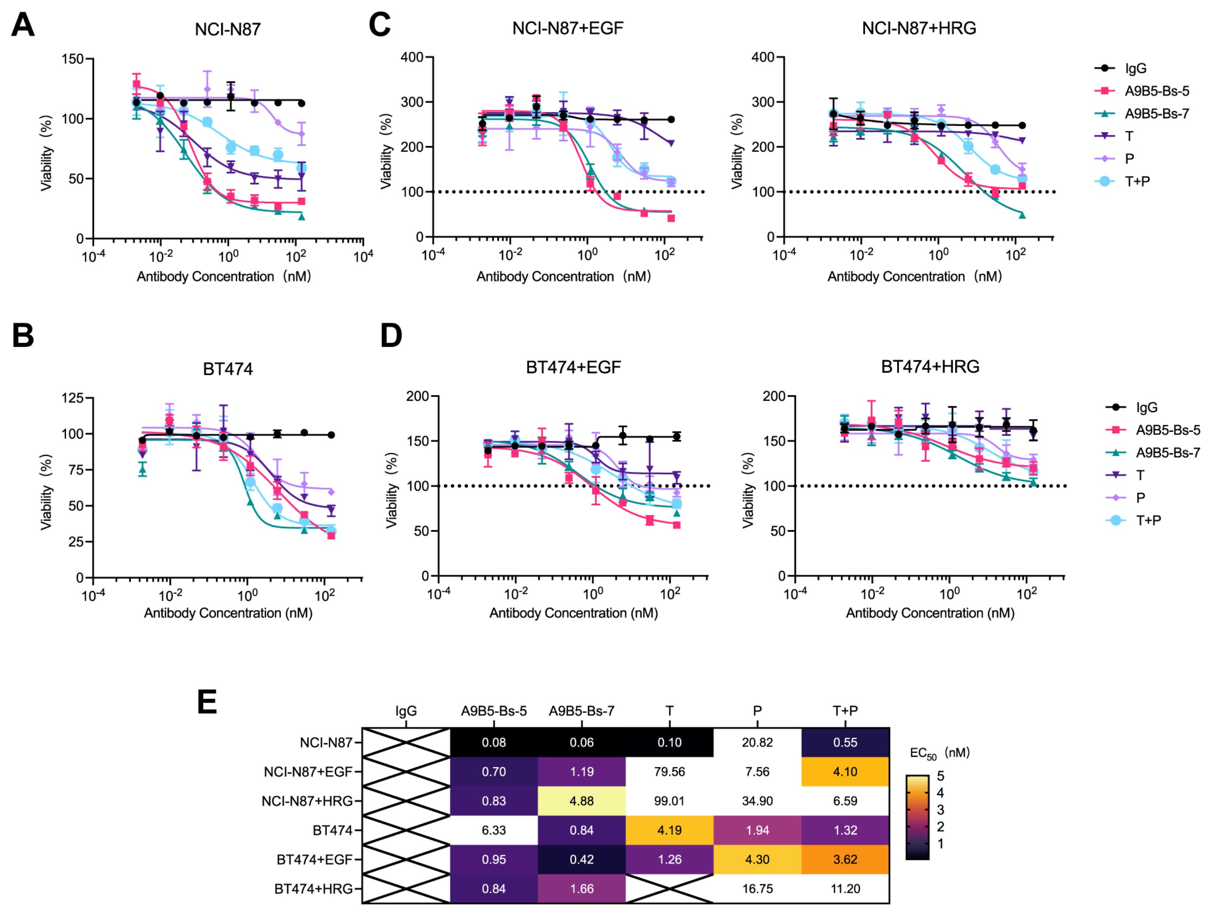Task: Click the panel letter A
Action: click(22, 25)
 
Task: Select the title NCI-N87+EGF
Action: click(568, 28)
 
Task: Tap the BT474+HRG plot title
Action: click(930, 367)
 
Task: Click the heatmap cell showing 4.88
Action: click(581, 801)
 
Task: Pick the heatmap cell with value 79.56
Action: click(669, 772)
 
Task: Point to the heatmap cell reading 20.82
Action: click(757, 743)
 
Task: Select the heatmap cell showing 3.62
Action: click(845, 860)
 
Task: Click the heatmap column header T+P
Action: click(845, 711)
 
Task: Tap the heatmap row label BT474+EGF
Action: click(314, 860)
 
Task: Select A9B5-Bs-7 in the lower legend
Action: click(1168, 453)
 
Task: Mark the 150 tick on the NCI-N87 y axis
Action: click(72, 59)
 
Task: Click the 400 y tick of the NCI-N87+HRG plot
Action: click(763, 57)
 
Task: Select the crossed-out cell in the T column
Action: click(669, 888)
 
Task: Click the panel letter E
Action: click(207, 702)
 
